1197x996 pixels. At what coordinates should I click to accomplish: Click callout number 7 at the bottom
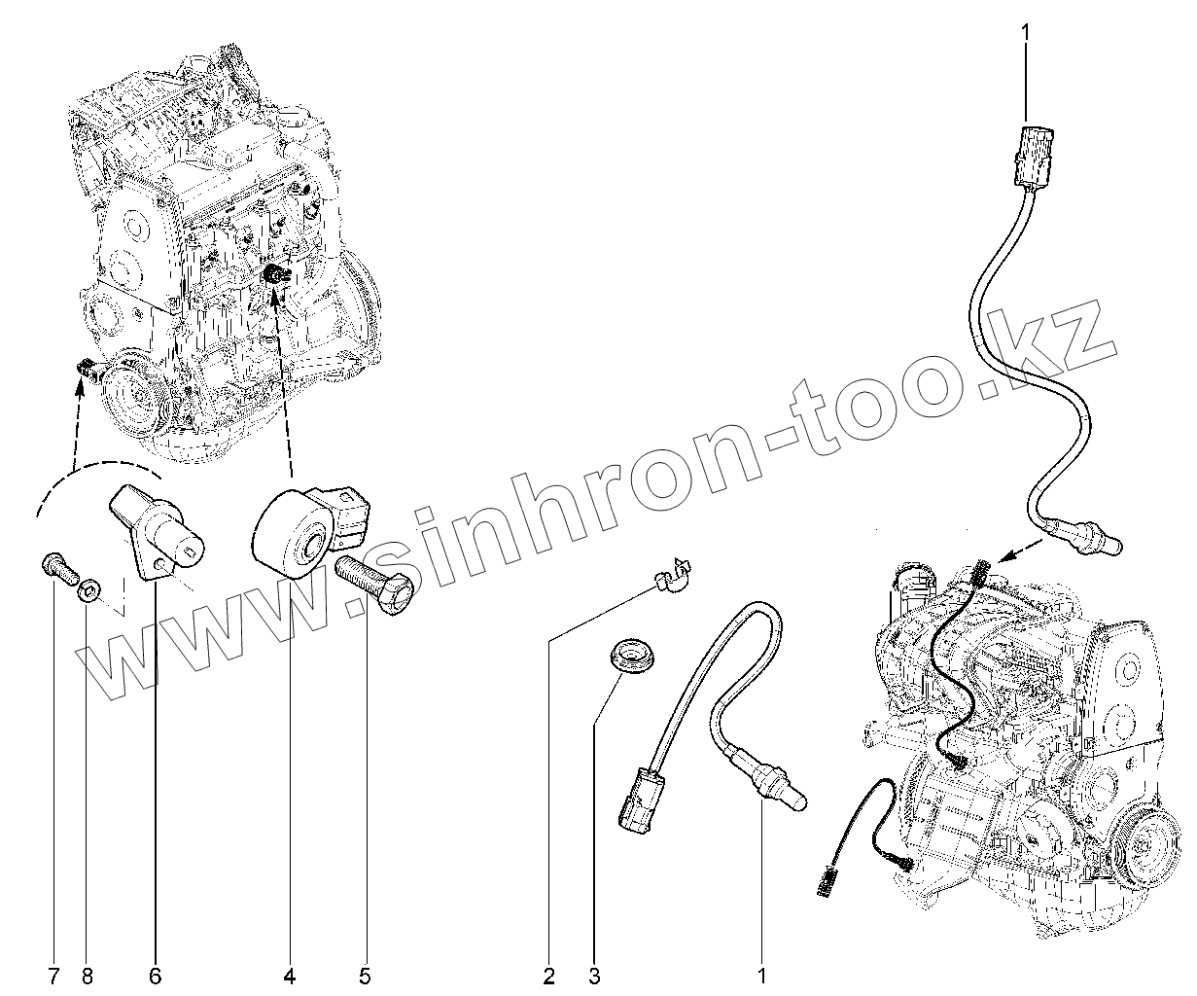tap(54, 975)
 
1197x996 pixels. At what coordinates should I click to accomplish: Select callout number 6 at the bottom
tap(154, 975)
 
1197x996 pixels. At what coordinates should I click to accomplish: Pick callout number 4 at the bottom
tap(289, 975)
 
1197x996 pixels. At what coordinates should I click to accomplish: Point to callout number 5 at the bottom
tap(365, 975)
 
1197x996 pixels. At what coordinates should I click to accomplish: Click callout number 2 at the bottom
tap(549, 975)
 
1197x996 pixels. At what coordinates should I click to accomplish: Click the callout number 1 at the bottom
tap(762, 975)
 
